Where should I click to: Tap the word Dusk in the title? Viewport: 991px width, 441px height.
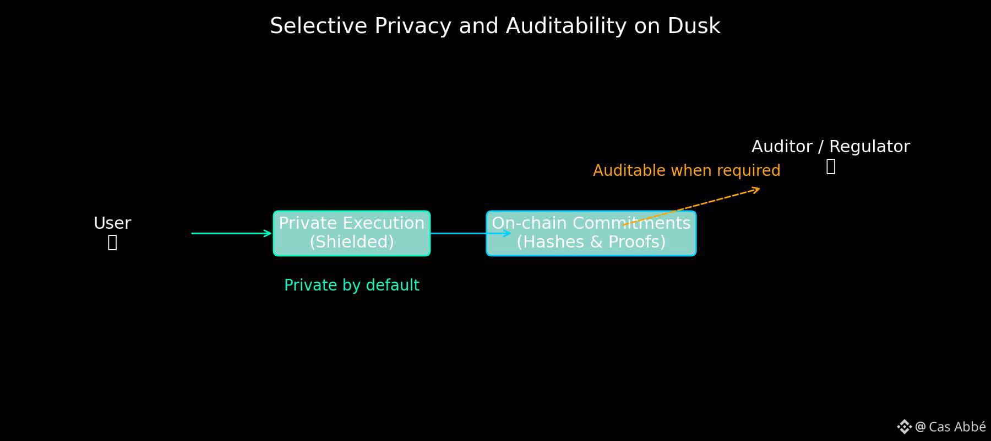click(694, 26)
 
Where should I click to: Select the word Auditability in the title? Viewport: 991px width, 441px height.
click(566, 26)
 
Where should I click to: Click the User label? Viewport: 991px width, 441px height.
click(112, 223)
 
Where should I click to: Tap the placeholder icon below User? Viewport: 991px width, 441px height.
click(112, 243)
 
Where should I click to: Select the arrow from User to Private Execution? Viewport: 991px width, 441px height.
click(231, 233)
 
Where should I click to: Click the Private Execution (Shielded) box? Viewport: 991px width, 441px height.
click(352, 233)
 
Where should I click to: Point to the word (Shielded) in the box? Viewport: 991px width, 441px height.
click(352, 242)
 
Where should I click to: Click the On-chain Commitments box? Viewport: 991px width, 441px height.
click(591, 233)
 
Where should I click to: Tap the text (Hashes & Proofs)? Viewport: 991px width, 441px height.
click(591, 242)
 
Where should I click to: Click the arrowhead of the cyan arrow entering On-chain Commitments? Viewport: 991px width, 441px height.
click(508, 233)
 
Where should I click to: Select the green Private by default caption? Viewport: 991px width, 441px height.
click(352, 285)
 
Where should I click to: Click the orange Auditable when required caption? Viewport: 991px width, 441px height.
click(687, 170)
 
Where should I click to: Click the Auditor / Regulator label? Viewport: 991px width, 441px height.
click(830, 147)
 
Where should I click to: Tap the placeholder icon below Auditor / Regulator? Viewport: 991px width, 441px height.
click(831, 166)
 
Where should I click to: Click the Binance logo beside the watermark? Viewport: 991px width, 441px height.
click(904, 427)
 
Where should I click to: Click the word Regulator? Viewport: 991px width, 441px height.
click(869, 147)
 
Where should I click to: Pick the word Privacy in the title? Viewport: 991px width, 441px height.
click(413, 26)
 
